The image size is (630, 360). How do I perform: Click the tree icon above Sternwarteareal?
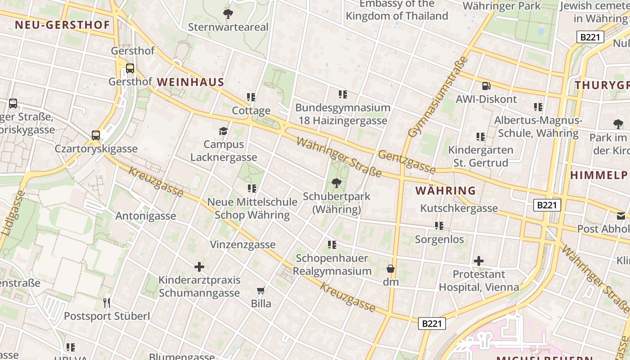pos(228,13)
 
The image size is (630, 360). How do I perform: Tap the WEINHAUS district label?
pos(190,82)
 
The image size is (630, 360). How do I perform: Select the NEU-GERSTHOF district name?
pos(62,25)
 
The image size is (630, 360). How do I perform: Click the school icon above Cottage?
pos(251,97)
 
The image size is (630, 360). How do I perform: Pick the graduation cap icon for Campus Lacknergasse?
pos(223,131)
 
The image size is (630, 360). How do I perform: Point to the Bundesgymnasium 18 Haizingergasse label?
pos(343,114)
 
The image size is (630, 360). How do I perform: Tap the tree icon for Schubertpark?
pos(336,183)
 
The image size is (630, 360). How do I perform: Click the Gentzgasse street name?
pos(407,162)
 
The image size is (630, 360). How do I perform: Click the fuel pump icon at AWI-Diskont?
pos(486,85)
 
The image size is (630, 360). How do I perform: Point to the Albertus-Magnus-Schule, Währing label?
pos(538,127)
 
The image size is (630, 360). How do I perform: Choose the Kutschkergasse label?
pos(459,208)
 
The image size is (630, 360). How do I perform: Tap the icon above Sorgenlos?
pos(439,225)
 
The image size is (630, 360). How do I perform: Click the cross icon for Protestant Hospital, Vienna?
pos(479,261)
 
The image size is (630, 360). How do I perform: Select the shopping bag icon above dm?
pos(391,269)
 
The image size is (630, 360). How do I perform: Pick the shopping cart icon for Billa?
pos(261,290)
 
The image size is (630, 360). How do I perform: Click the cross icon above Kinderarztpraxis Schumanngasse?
pos(199,267)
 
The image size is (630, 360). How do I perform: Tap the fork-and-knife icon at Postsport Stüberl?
pos(107,302)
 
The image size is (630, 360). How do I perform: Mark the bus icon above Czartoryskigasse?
pos(96,135)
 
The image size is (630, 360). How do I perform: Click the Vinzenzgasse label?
pos(243,244)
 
